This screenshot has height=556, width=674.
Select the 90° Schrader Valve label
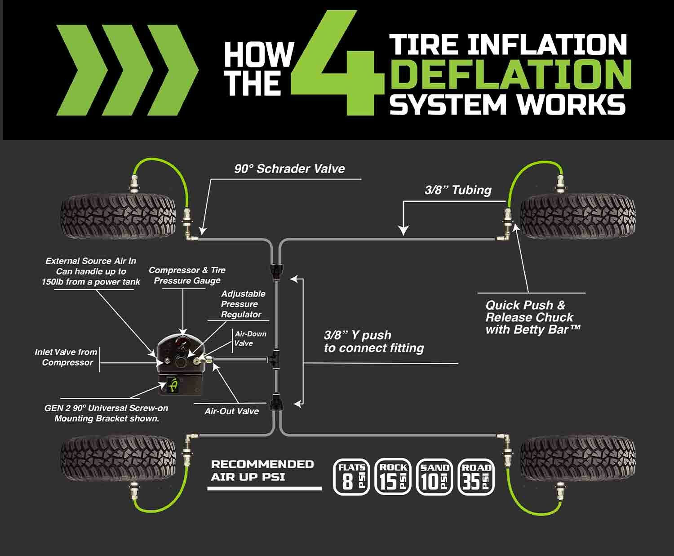[x=289, y=169]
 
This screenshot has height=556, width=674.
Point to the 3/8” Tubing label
[x=458, y=190]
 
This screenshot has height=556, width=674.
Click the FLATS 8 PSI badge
[x=351, y=477]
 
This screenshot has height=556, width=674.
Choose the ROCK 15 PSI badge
[x=393, y=477]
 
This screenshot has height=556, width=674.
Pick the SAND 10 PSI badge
[x=435, y=477]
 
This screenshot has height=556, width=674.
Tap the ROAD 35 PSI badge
[x=476, y=477]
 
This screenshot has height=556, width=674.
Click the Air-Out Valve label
[x=231, y=411]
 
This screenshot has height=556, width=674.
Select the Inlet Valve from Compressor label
[x=66, y=357]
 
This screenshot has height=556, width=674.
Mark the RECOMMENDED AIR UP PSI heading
[x=262, y=471]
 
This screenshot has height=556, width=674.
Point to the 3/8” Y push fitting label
[x=374, y=342]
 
